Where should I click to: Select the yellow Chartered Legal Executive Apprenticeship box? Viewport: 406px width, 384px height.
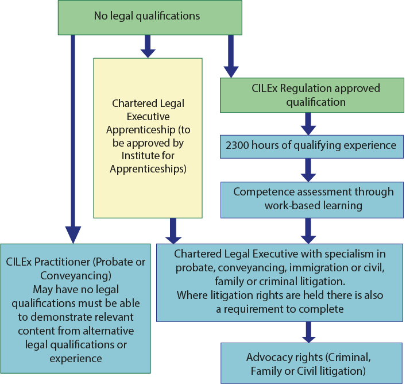click(148, 138)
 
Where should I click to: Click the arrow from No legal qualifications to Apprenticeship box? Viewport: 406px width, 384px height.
click(148, 46)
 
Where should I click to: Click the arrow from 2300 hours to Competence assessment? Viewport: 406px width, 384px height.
click(308, 170)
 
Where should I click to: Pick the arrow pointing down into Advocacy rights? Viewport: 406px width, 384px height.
click(308, 332)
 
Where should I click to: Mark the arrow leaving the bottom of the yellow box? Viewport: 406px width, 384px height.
click(173, 231)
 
